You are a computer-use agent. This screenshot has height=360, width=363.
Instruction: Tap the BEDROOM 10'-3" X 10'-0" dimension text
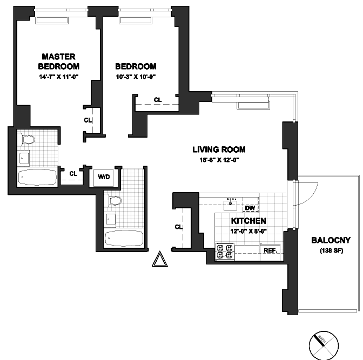pyautogui.click(x=136, y=76)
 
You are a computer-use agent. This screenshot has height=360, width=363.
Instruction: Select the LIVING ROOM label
pyautogui.click(x=219, y=150)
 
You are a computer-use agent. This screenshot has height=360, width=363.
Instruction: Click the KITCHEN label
pyautogui.click(x=248, y=221)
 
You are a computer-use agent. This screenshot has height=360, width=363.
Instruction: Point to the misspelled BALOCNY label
pyautogui.click(x=328, y=241)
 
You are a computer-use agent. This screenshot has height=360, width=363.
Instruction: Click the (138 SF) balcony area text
pyautogui.click(x=328, y=251)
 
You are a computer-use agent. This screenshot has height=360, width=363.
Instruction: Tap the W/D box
pyautogui.click(x=103, y=176)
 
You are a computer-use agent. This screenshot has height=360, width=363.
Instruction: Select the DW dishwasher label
pyautogui.click(x=250, y=208)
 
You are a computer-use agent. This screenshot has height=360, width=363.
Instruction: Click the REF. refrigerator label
pyautogui.click(x=270, y=250)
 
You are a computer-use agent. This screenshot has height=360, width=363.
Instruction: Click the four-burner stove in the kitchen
pyautogui.click(x=225, y=252)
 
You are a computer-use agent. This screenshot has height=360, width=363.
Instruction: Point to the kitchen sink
pyautogui.click(x=233, y=204)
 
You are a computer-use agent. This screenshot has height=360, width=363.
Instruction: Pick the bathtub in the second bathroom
pyautogui.click(x=124, y=237)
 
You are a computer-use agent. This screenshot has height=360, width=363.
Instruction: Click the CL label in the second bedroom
pyautogui.click(x=158, y=100)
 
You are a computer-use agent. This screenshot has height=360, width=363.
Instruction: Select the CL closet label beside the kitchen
pyautogui.click(x=178, y=227)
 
